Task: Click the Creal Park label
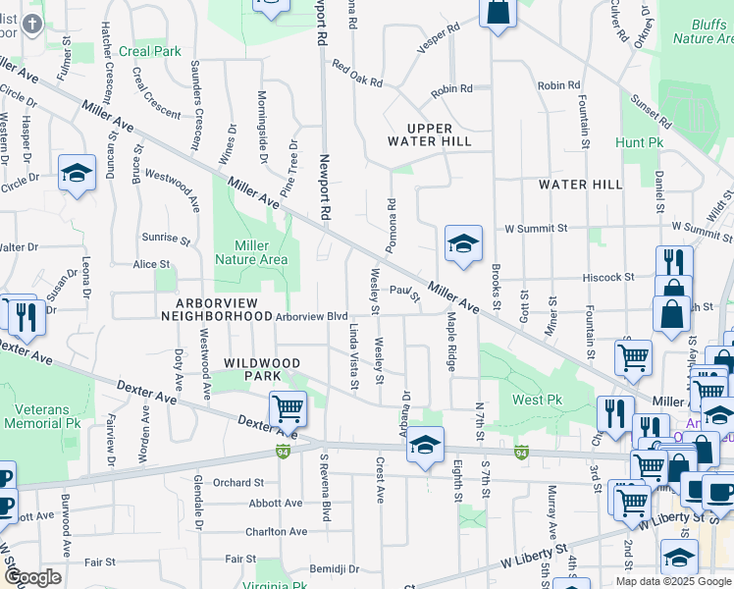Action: pyautogui.click(x=150, y=51)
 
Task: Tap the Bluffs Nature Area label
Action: pyautogui.click(x=703, y=30)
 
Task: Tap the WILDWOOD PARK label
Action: pyautogui.click(x=260, y=369)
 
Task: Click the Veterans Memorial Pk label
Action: pyautogui.click(x=41, y=416)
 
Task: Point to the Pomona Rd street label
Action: pyautogui.click(x=391, y=226)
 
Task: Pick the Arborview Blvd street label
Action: pyautogui.click(x=312, y=316)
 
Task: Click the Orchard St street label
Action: pyautogui.click(x=239, y=482)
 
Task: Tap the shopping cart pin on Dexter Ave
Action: pyautogui.click(x=288, y=408)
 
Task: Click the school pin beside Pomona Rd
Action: pyautogui.click(x=463, y=244)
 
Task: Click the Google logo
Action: pyautogui.click(x=32, y=577)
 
